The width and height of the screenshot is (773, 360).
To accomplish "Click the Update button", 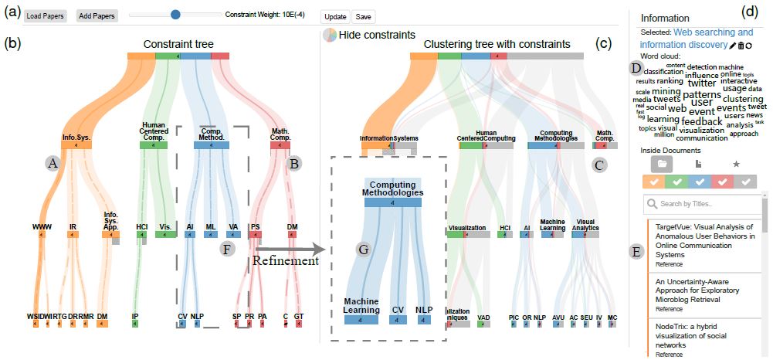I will (x=335, y=16).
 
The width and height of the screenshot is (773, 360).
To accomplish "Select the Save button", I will (x=363, y=16).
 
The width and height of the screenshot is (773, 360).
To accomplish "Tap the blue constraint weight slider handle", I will (x=175, y=14).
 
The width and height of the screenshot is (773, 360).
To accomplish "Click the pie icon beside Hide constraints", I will (x=329, y=35).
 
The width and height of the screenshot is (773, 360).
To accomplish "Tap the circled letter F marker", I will (x=225, y=249).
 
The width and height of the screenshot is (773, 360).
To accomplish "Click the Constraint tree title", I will (x=178, y=45).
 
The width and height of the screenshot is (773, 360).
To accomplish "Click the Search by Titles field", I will (x=707, y=204).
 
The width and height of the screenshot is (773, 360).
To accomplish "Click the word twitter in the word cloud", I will (x=702, y=83).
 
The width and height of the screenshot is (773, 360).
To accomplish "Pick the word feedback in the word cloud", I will (x=701, y=121).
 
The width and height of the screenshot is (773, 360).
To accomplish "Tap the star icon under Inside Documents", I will (x=736, y=164).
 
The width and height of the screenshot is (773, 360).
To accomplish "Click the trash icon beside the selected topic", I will (x=741, y=46).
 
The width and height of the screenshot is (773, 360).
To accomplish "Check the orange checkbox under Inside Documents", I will (x=653, y=182).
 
